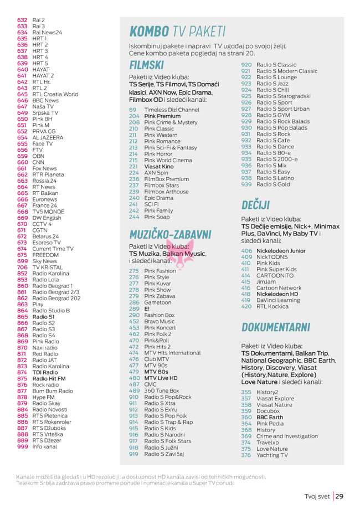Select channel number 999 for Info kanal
click(x=22, y=446)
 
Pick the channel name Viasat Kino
click(x=158, y=166)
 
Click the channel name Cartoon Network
click(x=279, y=288)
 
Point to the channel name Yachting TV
click(x=272, y=455)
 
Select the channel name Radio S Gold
click(x=273, y=184)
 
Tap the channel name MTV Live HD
click(x=161, y=378)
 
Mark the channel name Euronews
click(x=45, y=199)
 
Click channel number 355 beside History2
click(x=246, y=392)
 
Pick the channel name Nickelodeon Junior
click(x=281, y=251)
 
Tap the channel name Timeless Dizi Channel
click(x=171, y=110)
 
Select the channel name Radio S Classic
click(x=276, y=65)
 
